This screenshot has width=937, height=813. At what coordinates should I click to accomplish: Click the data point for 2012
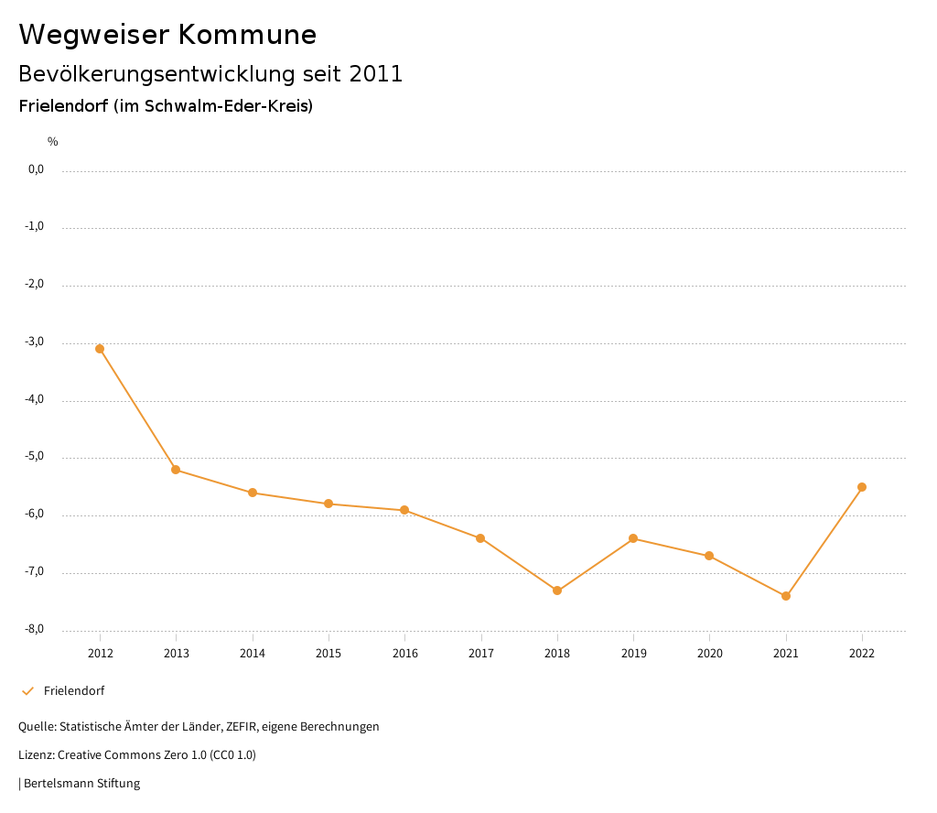(100, 349)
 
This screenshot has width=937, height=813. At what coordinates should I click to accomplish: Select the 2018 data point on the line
(557, 591)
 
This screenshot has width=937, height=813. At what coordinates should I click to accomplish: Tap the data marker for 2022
(862, 487)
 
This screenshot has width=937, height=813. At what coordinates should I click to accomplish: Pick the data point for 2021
(786, 596)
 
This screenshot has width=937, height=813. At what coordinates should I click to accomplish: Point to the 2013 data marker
(176, 470)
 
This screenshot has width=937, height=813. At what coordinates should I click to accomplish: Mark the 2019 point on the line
(633, 538)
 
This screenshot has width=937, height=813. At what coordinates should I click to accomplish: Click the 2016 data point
(404, 510)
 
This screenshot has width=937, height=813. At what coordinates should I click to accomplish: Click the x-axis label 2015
(328, 654)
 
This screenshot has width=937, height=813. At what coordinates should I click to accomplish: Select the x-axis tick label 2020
(710, 654)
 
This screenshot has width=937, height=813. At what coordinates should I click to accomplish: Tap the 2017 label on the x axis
(481, 654)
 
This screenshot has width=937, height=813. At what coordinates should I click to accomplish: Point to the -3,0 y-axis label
(35, 342)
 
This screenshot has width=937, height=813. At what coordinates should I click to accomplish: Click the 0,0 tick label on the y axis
(36, 169)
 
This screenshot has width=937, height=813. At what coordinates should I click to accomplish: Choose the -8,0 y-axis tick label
(35, 630)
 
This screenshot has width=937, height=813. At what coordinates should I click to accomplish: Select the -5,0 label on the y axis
(35, 457)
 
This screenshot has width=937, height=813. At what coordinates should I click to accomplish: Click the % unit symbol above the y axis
(53, 142)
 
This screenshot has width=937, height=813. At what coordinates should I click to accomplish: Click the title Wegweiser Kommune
(167, 35)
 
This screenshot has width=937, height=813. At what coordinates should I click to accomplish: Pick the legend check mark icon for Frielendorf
(27, 691)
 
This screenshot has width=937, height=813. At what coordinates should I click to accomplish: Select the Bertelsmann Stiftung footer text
(81, 784)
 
